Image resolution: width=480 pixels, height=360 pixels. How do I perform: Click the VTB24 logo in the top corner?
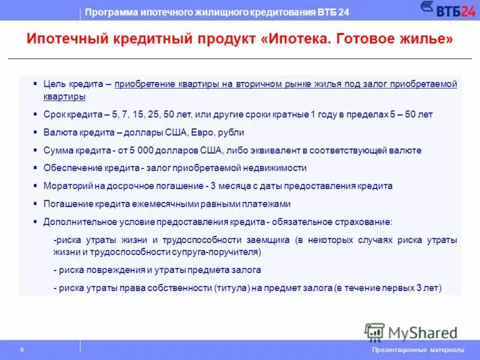click(x=448, y=10)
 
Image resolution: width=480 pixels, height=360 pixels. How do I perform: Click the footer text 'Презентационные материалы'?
click(x=418, y=350)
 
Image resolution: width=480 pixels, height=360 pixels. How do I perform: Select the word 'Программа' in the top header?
click(x=109, y=12)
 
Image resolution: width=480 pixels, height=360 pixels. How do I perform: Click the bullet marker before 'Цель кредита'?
click(x=36, y=83)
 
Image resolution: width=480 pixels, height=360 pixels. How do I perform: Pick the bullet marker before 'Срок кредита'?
click(x=36, y=114)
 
